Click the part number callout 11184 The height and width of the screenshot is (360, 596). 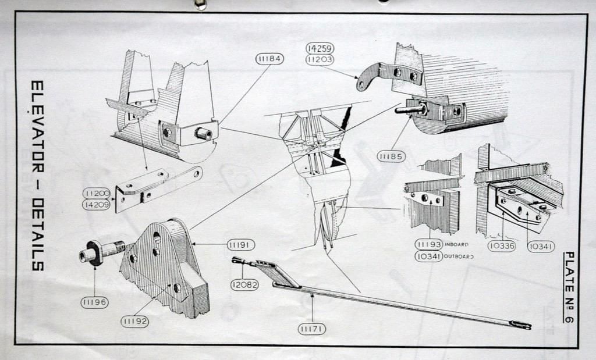[269, 59]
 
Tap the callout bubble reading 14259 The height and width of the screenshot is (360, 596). [320, 49]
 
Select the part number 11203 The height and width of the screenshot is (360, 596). [320, 60]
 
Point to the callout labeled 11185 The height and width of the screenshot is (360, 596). [391, 156]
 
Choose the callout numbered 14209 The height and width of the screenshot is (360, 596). [96, 205]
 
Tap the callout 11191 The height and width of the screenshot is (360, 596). [240, 245]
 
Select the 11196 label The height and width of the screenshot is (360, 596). [94, 302]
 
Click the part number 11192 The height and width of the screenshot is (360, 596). [135, 320]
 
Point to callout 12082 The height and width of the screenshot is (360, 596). [244, 285]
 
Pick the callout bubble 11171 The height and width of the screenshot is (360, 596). [312, 329]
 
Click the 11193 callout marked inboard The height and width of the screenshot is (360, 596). [428, 244]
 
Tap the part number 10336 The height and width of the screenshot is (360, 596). [502, 246]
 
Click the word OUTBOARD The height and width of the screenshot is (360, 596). [459, 256]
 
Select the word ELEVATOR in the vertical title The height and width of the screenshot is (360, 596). [37, 122]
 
